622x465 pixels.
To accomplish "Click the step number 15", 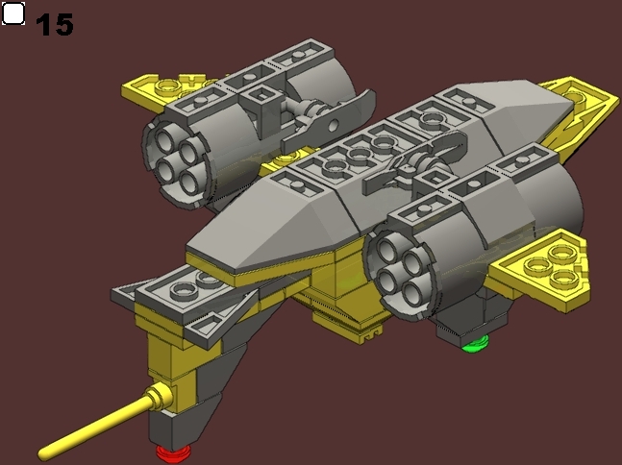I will pos(55,23).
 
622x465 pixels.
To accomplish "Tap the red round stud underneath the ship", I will pos(171,451).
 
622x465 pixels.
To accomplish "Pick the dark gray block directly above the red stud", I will pos(171,424).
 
